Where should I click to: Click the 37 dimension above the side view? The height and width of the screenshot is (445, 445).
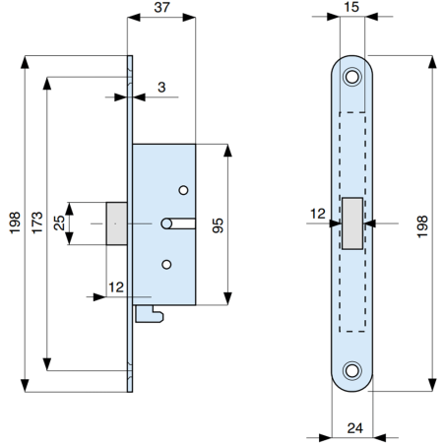tap(162, 9)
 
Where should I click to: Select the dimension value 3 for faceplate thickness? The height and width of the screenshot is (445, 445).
tap(160, 88)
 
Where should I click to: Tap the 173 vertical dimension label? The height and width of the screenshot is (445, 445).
tap(35, 224)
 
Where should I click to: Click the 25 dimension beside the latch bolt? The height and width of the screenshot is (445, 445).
tap(60, 223)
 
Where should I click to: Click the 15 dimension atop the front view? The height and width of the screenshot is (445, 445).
tap(352, 9)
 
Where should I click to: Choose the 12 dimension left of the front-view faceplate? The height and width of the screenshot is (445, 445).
tap(317, 214)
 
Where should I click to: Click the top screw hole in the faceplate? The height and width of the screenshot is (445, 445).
tap(352, 76)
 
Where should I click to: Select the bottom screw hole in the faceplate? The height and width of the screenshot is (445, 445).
tap(352, 371)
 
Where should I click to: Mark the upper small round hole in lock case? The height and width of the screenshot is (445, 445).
tap(182, 189)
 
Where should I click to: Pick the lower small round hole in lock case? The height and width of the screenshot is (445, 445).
tap(166, 263)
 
